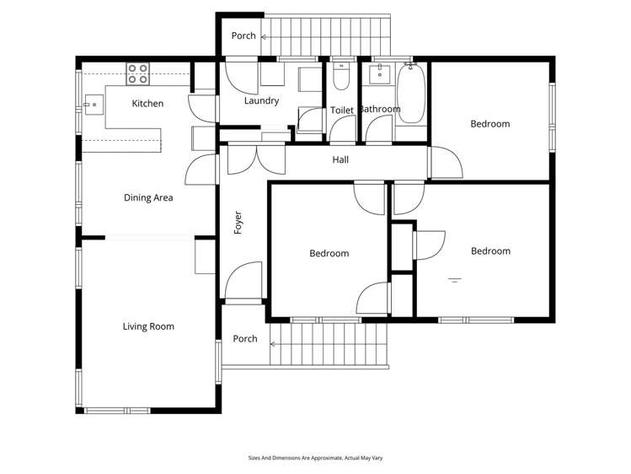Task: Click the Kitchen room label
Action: pyautogui.click(x=147, y=104)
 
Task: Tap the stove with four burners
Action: pyautogui.click(x=138, y=73)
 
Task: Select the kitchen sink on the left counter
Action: pyautogui.click(x=92, y=107)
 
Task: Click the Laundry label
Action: pyautogui.click(x=261, y=101)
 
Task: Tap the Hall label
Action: pyautogui.click(x=340, y=159)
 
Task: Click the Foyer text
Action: pyautogui.click(x=238, y=222)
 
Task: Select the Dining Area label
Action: pyautogui.click(x=148, y=198)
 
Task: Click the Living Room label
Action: pyautogui.click(x=148, y=326)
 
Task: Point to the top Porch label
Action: pyautogui.click(x=243, y=36)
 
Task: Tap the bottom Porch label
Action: pyautogui.click(x=245, y=339)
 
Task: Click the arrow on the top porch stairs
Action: pyautogui.click(x=265, y=36)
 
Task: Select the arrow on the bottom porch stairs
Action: pyautogui.click(x=275, y=343)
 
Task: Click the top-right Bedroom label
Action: pyautogui.click(x=489, y=124)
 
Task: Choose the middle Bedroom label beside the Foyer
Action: pyautogui.click(x=329, y=253)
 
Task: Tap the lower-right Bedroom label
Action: pyautogui.click(x=490, y=251)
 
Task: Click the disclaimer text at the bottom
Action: pyautogui.click(x=315, y=458)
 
